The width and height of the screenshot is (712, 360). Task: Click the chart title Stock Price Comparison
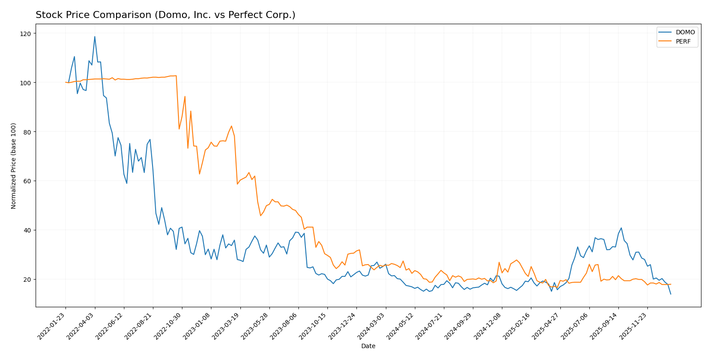tap(165, 15)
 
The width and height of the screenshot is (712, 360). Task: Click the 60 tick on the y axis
tap(27, 181)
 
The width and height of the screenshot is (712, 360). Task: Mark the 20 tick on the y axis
tap(27, 280)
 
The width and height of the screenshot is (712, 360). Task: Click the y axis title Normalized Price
tap(14, 166)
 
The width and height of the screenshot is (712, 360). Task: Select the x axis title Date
tap(368, 346)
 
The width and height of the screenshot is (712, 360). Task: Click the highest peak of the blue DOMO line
tap(94, 36)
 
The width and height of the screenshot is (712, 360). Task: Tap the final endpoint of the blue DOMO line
tap(671, 294)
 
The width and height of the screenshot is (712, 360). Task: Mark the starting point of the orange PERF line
tap(65, 82)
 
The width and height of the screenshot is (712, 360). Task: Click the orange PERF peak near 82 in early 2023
tap(231, 126)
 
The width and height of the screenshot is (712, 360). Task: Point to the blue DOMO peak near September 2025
tap(621, 228)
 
